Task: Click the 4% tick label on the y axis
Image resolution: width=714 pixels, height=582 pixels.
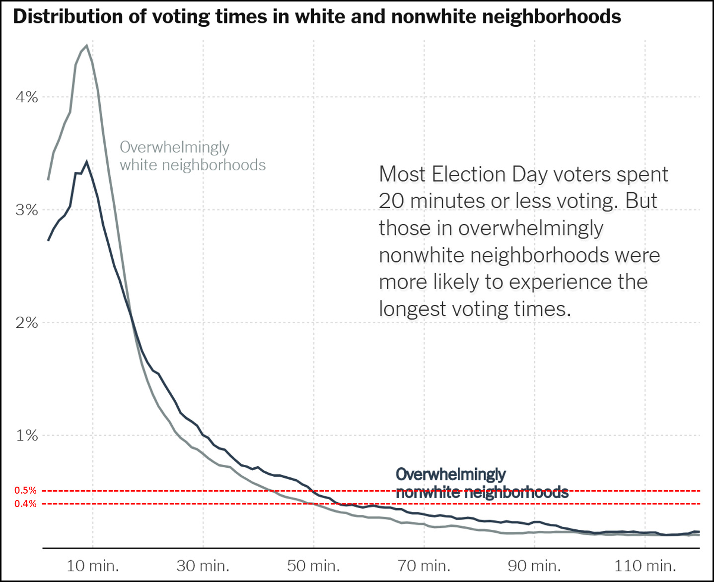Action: [x=27, y=97]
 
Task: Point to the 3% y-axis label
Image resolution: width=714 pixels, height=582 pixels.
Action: [x=27, y=210]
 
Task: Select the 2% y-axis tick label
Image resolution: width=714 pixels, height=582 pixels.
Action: [x=27, y=323]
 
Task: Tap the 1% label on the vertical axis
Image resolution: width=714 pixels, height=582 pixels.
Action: [x=27, y=436]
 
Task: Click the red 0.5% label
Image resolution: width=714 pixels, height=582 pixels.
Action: [x=25, y=490]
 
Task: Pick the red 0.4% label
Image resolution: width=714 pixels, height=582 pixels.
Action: [x=25, y=504]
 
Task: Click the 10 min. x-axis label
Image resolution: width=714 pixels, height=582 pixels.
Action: [x=93, y=566]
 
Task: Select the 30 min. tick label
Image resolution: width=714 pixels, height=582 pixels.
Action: [x=203, y=566]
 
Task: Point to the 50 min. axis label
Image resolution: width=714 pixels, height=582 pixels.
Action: [x=313, y=566]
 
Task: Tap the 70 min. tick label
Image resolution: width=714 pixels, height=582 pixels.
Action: [x=424, y=566]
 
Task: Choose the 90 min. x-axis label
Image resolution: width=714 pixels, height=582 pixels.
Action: [x=534, y=566]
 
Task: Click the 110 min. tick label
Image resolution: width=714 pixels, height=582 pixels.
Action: [x=645, y=566]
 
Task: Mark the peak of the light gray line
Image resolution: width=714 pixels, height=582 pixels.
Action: [x=87, y=46]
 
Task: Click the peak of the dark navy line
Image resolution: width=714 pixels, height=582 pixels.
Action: [x=87, y=162]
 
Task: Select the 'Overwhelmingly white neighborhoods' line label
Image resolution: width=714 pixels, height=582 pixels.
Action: [x=193, y=156]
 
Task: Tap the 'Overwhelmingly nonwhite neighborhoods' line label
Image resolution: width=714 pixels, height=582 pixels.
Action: [x=482, y=483]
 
